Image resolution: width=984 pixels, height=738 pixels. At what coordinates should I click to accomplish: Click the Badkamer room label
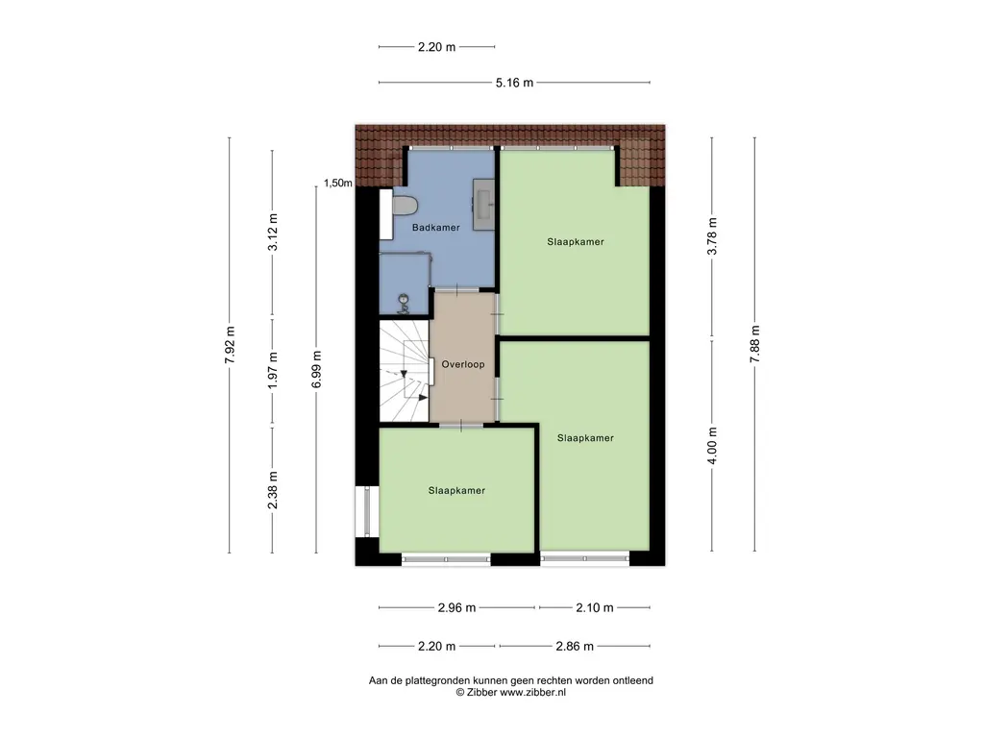click(435, 227)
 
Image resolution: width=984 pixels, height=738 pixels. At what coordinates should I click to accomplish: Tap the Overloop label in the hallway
click(462, 364)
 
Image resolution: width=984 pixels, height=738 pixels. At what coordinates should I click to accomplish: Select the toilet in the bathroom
click(405, 206)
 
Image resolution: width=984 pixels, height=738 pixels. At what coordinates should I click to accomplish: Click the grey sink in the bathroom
click(483, 203)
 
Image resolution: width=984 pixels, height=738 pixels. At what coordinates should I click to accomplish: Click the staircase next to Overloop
click(405, 371)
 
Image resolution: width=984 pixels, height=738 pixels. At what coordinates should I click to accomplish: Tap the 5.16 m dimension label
click(514, 83)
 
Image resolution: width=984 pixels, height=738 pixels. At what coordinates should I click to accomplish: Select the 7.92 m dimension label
click(230, 345)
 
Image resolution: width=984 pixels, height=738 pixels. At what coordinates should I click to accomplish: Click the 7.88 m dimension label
click(755, 344)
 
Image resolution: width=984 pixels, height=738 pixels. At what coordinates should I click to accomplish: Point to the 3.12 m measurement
click(272, 233)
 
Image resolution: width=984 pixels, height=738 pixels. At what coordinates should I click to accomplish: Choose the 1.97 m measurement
click(272, 370)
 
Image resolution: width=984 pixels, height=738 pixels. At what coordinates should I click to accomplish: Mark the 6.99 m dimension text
click(316, 369)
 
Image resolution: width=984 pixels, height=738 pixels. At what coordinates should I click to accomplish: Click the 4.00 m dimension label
click(712, 446)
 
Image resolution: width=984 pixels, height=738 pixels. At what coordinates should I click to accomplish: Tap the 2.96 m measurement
click(456, 607)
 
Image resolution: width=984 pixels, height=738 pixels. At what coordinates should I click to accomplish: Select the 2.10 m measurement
click(594, 607)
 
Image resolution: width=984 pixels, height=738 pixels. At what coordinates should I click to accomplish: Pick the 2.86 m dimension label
click(575, 647)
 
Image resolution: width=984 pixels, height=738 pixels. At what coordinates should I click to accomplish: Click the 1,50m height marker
click(337, 184)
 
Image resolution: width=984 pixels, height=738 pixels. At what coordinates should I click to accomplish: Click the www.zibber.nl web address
click(532, 693)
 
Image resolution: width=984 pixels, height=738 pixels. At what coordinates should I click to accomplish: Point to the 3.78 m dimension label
click(712, 236)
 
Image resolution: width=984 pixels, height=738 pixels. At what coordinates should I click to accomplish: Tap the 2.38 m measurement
click(272, 490)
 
